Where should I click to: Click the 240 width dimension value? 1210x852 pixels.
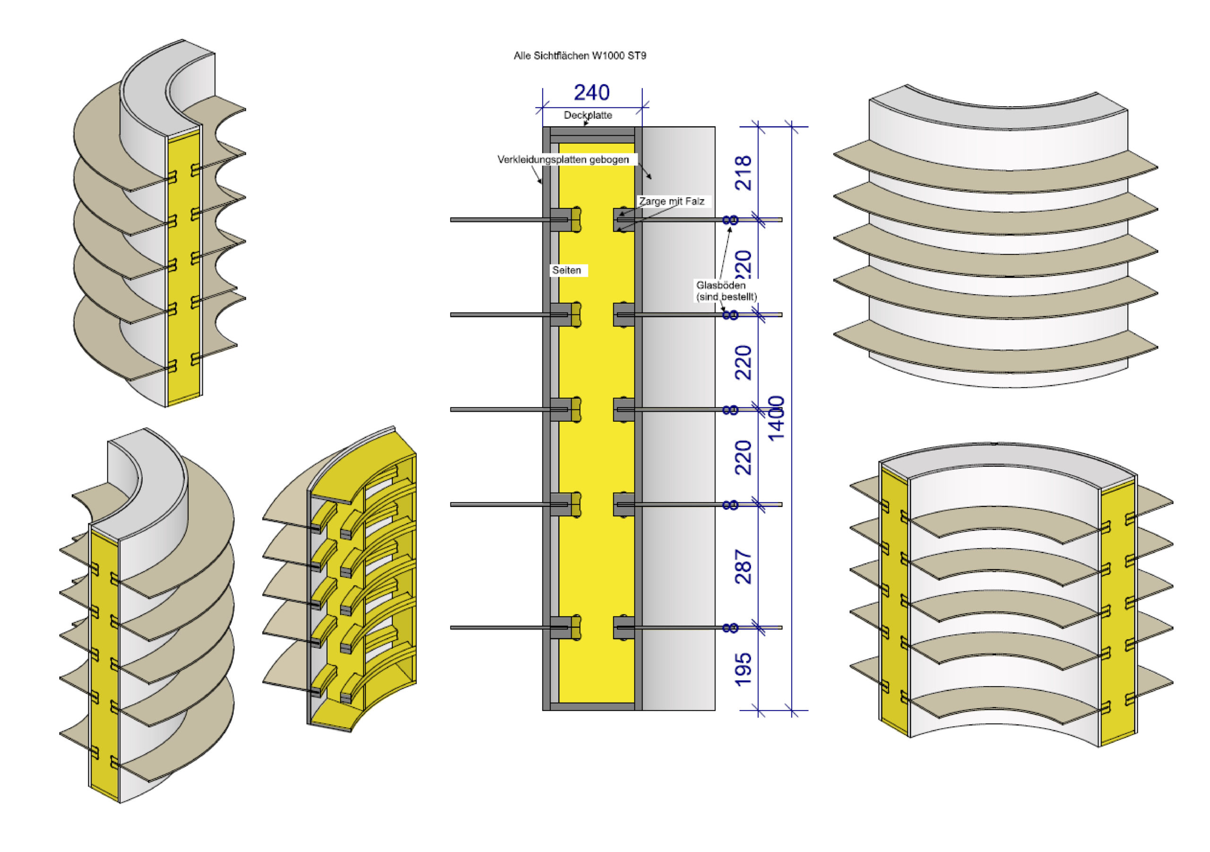point(591,93)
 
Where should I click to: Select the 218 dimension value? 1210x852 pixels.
point(743,173)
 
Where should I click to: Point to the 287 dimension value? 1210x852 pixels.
point(743,566)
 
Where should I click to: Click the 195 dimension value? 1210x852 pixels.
point(743,669)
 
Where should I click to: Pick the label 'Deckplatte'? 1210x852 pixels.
point(588,115)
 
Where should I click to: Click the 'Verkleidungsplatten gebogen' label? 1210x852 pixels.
point(563,159)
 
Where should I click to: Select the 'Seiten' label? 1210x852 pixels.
point(567,270)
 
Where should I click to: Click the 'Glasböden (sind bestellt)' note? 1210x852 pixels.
point(726,290)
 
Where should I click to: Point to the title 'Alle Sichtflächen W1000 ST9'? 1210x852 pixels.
point(579,55)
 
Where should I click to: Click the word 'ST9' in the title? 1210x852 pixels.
point(636,55)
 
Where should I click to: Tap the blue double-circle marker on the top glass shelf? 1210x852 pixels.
point(730,220)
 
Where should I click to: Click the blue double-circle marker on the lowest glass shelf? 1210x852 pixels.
point(730,627)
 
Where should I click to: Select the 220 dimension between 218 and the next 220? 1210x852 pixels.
point(743,264)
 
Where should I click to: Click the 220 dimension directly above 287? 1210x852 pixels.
point(743,458)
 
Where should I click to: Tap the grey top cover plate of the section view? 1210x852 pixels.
point(592,131)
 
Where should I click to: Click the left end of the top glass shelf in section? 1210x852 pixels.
point(453,220)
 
